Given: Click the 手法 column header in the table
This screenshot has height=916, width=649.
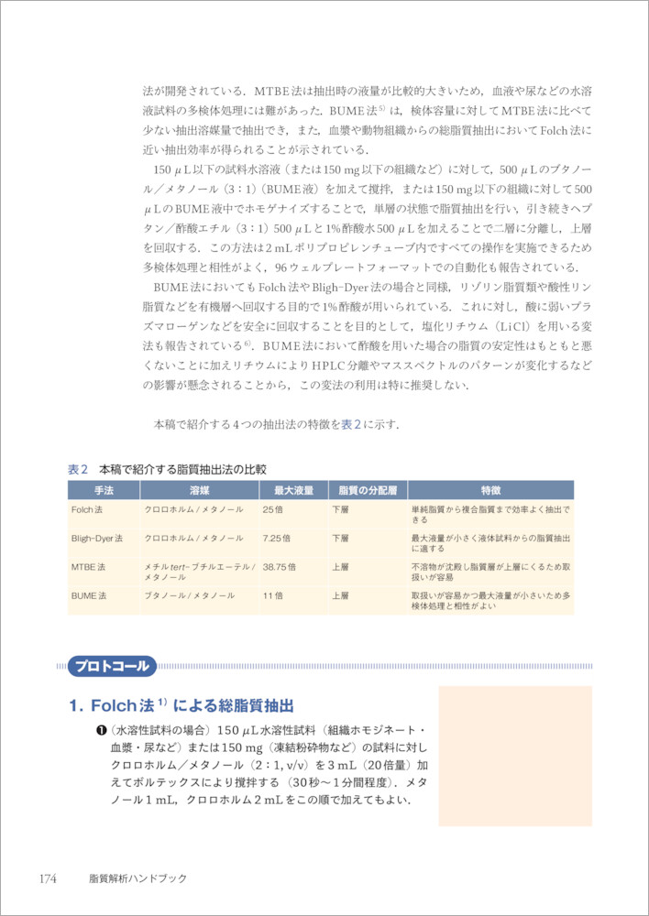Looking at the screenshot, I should point(103,490).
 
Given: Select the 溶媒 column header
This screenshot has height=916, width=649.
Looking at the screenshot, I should point(199,490).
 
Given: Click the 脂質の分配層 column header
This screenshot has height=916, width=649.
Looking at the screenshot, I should point(367,490).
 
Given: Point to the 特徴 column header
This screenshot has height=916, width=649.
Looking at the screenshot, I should point(490,490).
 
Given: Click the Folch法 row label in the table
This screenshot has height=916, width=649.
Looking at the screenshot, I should point(89,508).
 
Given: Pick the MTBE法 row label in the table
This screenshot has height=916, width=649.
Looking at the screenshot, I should point(89,567).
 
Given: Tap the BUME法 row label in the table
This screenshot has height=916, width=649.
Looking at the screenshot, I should point(89,595).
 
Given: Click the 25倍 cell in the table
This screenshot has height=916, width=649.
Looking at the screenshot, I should point(273,508).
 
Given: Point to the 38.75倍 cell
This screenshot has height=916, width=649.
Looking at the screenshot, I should point(280,567).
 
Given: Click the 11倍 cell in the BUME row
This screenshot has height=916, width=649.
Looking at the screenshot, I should point(273,595).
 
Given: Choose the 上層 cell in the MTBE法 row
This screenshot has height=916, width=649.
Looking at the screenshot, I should point(340,567).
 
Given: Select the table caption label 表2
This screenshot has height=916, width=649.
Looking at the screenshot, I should point(78,469).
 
